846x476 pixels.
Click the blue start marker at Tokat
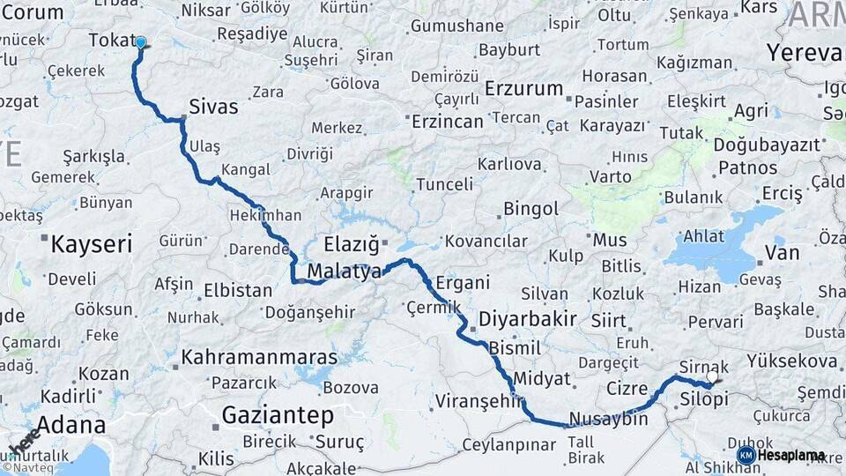(x=140, y=41)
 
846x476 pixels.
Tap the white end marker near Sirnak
(x=712, y=376)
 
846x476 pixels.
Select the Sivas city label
(x=212, y=108)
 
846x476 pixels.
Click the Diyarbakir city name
(x=528, y=319)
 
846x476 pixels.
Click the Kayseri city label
(x=91, y=244)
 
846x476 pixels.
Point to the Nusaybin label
(x=609, y=419)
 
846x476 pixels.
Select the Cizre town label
(x=627, y=388)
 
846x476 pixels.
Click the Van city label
(x=782, y=254)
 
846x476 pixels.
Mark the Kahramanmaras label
(x=259, y=357)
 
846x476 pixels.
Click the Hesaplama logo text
(x=790, y=456)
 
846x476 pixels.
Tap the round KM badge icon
(x=746, y=455)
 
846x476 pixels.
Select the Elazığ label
(x=351, y=243)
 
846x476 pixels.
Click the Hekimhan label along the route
(x=267, y=215)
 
